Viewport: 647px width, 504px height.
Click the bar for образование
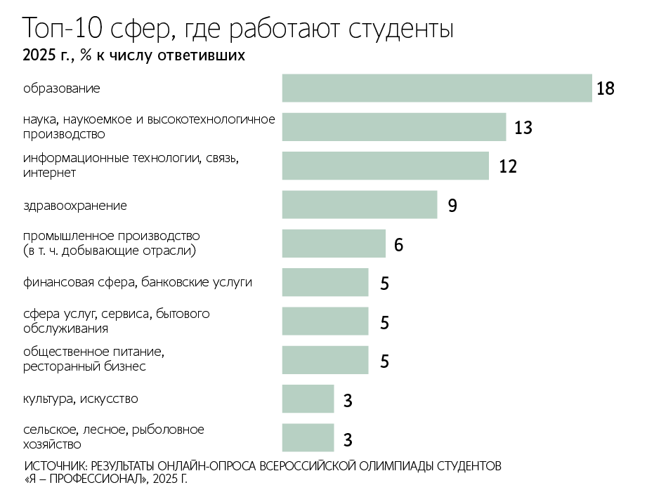(436, 88)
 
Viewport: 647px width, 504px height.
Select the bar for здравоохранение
(359, 205)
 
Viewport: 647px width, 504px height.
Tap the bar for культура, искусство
(308, 399)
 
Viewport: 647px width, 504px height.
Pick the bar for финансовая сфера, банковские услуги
(325, 282)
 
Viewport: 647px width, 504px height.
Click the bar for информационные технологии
(385, 166)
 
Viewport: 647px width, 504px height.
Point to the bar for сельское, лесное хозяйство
(308, 437)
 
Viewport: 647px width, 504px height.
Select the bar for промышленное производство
(334, 244)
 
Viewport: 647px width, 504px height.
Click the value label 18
(605, 89)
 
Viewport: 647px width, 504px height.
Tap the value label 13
(523, 128)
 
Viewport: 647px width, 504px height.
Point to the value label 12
(507, 166)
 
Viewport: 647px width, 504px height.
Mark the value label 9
(452, 206)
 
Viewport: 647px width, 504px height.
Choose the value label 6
(398, 245)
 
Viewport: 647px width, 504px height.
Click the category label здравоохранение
(74, 206)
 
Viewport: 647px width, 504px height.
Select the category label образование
(62, 88)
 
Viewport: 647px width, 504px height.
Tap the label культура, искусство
(80, 399)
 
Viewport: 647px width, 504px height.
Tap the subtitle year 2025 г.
(46, 56)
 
